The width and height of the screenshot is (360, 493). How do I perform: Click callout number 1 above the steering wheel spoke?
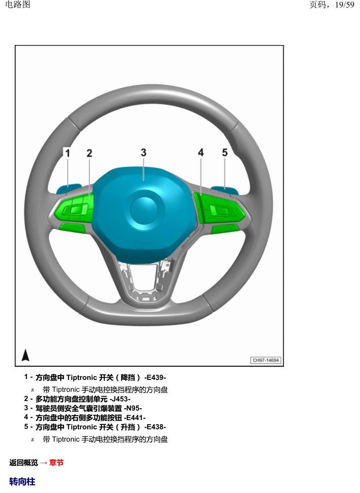68,153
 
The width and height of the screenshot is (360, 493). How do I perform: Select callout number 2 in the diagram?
89,153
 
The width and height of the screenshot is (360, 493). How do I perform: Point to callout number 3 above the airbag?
143,153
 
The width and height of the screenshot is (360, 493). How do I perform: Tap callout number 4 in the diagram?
201,153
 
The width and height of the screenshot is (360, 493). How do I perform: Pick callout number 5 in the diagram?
225,153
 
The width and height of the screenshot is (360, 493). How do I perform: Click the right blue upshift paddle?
225,190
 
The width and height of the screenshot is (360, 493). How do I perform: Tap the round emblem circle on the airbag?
144,210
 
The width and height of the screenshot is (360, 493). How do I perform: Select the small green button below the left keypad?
72,228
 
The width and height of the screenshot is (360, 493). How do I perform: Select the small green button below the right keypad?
225,229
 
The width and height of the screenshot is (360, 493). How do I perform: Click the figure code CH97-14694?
266,360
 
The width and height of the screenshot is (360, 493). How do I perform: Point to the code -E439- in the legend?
155,378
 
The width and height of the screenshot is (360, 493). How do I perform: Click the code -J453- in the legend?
120,399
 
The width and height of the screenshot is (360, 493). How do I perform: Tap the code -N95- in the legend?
133,408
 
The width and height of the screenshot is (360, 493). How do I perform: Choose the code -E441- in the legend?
135,417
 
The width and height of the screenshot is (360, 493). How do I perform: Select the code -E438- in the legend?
155,427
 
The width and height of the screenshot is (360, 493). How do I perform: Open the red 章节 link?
56,463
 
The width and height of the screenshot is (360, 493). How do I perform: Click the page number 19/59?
344,5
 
